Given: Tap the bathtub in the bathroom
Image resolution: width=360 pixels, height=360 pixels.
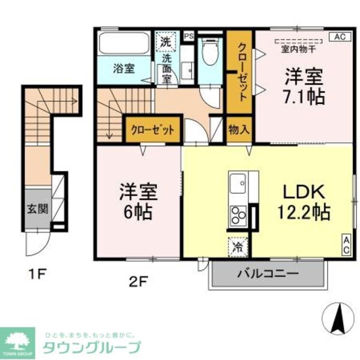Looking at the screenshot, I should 124,44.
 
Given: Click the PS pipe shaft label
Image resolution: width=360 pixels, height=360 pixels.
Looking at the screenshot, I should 188,35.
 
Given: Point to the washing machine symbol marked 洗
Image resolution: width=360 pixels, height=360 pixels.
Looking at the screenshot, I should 166,42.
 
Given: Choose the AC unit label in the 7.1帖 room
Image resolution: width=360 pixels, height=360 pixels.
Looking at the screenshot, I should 338,37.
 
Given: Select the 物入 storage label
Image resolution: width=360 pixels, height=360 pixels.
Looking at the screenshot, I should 239,130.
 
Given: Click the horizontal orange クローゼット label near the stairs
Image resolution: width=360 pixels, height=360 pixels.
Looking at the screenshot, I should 152,130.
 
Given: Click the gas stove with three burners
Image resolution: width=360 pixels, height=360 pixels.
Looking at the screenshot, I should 238,215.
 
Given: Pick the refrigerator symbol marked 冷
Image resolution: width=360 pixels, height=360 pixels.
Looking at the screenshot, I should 237,245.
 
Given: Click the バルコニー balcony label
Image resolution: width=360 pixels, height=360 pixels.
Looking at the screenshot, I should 268,274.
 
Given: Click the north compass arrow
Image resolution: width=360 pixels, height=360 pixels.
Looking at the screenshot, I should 337,316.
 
